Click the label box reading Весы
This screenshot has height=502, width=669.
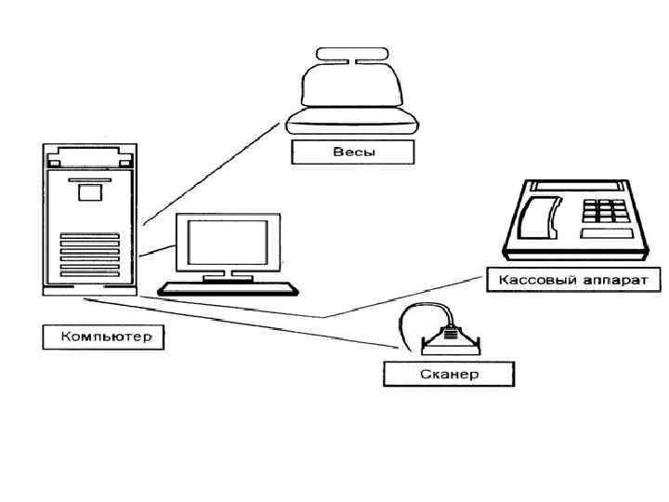353,152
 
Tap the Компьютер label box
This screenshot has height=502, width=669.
102,337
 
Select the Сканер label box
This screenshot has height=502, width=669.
448,374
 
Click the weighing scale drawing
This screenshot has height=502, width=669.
354,93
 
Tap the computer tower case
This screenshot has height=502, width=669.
89,219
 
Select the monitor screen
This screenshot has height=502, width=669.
228,243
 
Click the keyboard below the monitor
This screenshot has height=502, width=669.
228,287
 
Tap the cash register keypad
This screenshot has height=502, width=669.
605,210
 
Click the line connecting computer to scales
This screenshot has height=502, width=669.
214,167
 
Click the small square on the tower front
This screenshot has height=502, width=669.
89,192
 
